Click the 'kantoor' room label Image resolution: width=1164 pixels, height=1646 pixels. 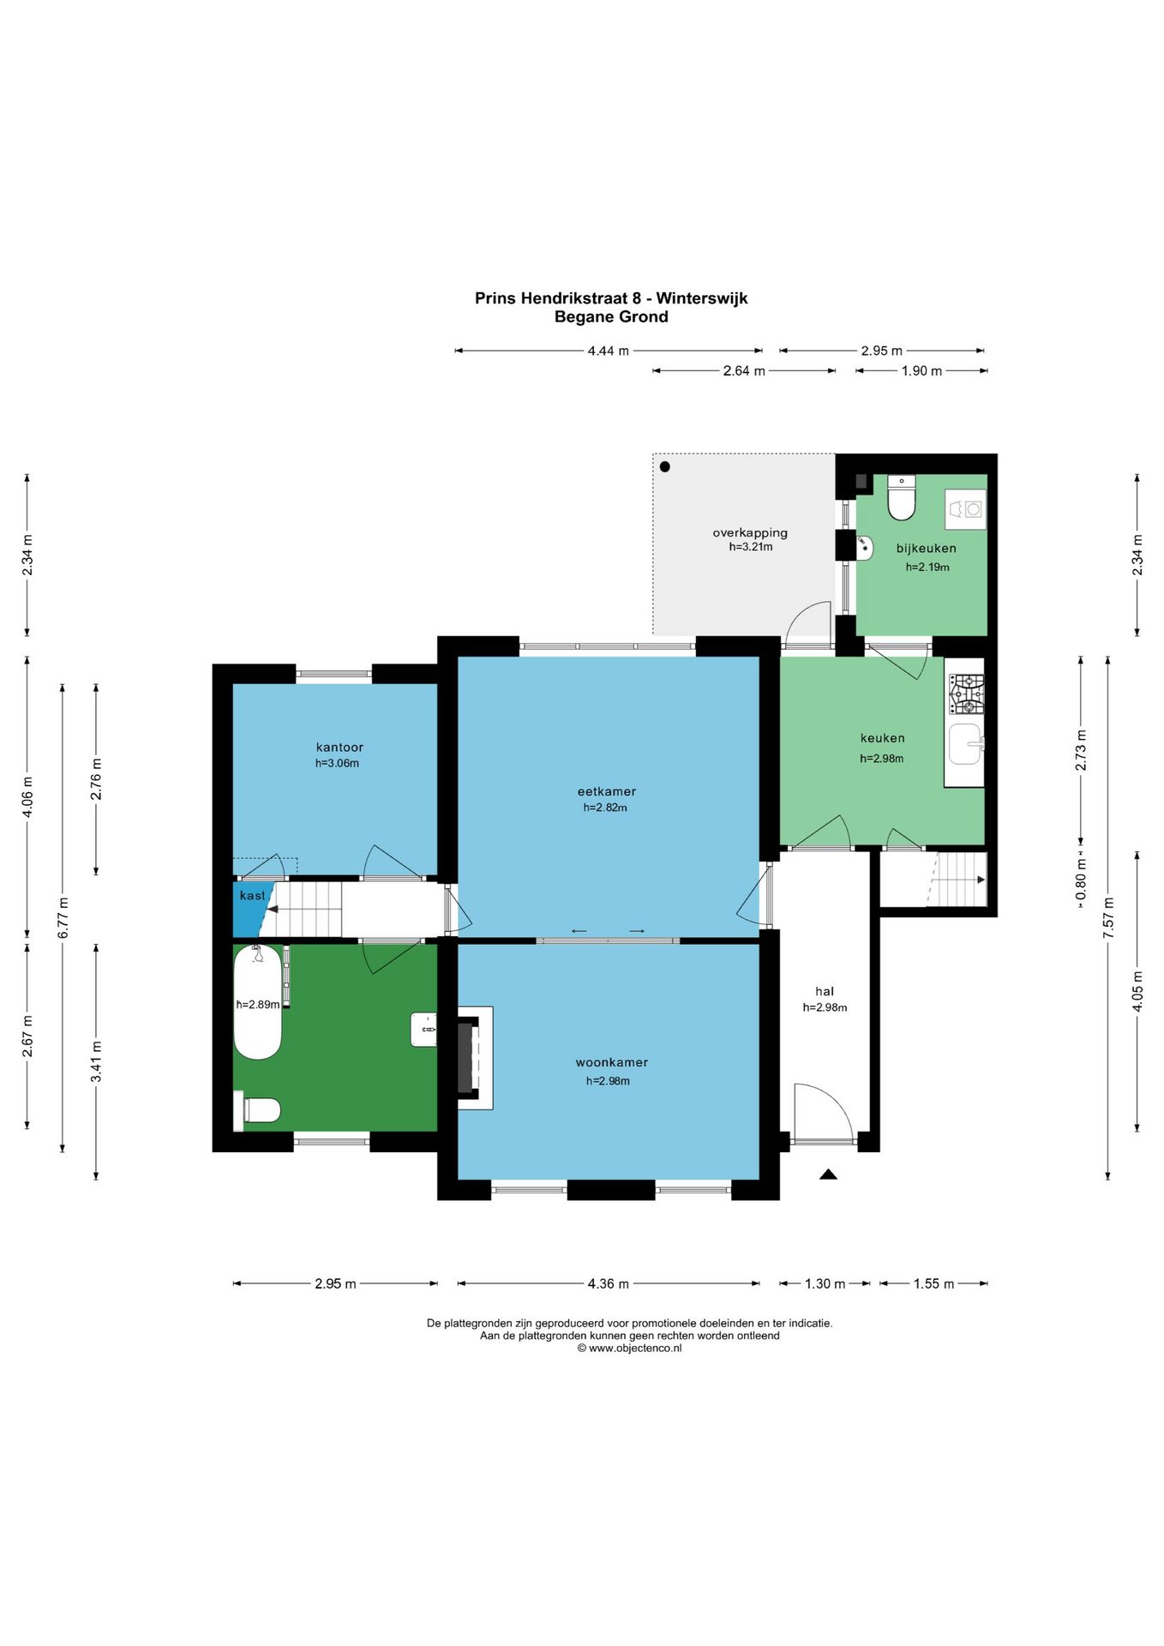[x=339, y=747]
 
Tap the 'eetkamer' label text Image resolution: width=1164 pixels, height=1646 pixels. [x=606, y=791]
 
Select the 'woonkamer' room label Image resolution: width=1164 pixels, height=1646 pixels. [x=611, y=1062]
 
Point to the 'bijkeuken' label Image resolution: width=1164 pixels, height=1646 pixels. [x=926, y=548]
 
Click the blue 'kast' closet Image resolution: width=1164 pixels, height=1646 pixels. [x=250, y=909]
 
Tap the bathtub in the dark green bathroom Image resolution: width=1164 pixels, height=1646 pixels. [x=257, y=1001]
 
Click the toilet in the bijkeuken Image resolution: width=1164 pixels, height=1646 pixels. [x=902, y=497]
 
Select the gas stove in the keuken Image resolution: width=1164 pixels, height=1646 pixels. [x=965, y=694]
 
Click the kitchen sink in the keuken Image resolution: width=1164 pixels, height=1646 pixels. [x=966, y=744]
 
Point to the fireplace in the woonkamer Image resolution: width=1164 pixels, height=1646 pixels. [x=474, y=1058]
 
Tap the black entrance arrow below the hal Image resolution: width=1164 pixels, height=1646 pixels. [x=827, y=1174]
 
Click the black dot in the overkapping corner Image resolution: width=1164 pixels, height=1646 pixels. [x=664, y=467]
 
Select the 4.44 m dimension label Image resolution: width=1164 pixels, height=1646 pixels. [x=609, y=351]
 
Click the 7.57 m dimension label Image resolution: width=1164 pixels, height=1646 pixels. [x=1108, y=917]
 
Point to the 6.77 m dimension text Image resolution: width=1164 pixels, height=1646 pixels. [x=63, y=917]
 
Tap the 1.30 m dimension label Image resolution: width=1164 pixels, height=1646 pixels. [x=825, y=1283]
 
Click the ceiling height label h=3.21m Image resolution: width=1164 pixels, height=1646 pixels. [x=751, y=547]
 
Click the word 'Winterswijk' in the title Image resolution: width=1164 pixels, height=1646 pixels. [x=703, y=298]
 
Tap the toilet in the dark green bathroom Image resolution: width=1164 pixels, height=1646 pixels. [x=261, y=1110]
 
